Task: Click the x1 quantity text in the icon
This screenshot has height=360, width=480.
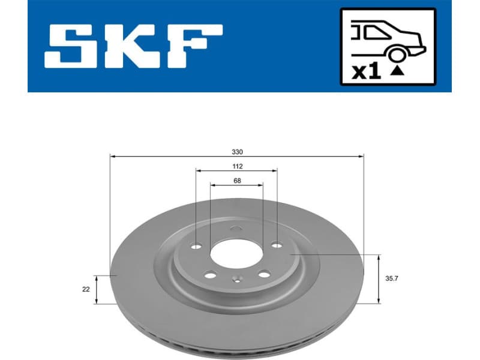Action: pos(366,72)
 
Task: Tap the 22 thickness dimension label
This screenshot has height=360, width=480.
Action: pos(86,289)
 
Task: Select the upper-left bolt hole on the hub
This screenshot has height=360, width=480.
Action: pos(196,246)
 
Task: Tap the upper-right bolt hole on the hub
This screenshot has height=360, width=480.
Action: pos(276,245)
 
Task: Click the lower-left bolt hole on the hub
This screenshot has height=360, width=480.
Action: pos(210,275)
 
